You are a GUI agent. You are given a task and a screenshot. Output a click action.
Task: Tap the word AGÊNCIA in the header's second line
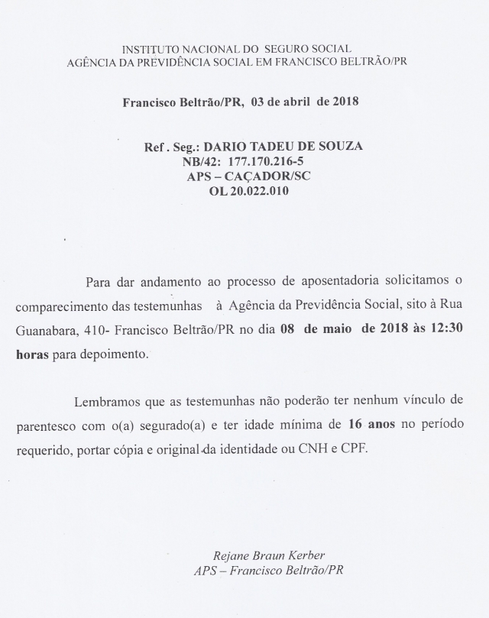[x=93, y=60]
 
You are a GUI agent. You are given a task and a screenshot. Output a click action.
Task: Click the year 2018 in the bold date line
[x=345, y=101]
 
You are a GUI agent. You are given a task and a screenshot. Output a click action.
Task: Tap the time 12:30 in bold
[x=443, y=331]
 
